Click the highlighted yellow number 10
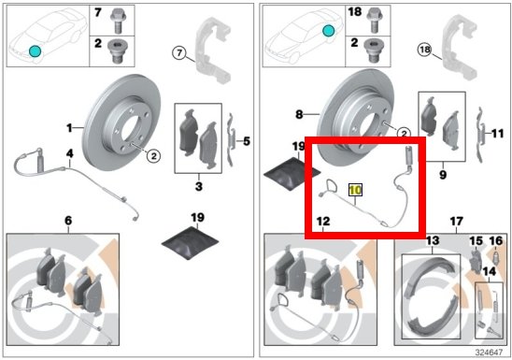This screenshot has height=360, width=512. pyautogui.click(x=355, y=190)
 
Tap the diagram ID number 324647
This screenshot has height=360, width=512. pyautogui.click(x=489, y=353)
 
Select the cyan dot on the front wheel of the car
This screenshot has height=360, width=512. pyautogui.click(x=35, y=51)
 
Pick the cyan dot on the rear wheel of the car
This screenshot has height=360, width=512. pyautogui.click(x=328, y=31)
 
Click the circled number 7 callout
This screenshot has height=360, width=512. pyautogui.click(x=179, y=52)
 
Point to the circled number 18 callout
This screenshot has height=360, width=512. pyautogui.click(x=425, y=50)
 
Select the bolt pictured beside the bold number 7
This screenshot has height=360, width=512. pyautogui.click(x=118, y=22)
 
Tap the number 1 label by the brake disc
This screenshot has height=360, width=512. pyautogui.click(x=69, y=128)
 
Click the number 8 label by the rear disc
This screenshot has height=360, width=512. pyautogui.click(x=299, y=115)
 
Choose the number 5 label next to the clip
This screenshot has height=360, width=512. pyautogui.click(x=247, y=141)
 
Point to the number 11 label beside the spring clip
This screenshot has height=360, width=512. pyautogui.click(x=497, y=134)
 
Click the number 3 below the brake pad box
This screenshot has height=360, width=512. pyautogui.click(x=198, y=186)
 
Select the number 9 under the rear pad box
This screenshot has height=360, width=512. pyautogui.click(x=443, y=175)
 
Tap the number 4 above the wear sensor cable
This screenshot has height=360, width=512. pyautogui.click(x=69, y=153)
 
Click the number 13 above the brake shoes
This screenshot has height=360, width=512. pyautogui.click(x=433, y=241)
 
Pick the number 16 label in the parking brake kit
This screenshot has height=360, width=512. pyautogui.click(x=496, y=241)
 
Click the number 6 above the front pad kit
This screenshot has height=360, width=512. pyautogui.click(x=68, y=221)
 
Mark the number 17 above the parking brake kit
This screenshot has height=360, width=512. pyautogui.click(x=456, y=222)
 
